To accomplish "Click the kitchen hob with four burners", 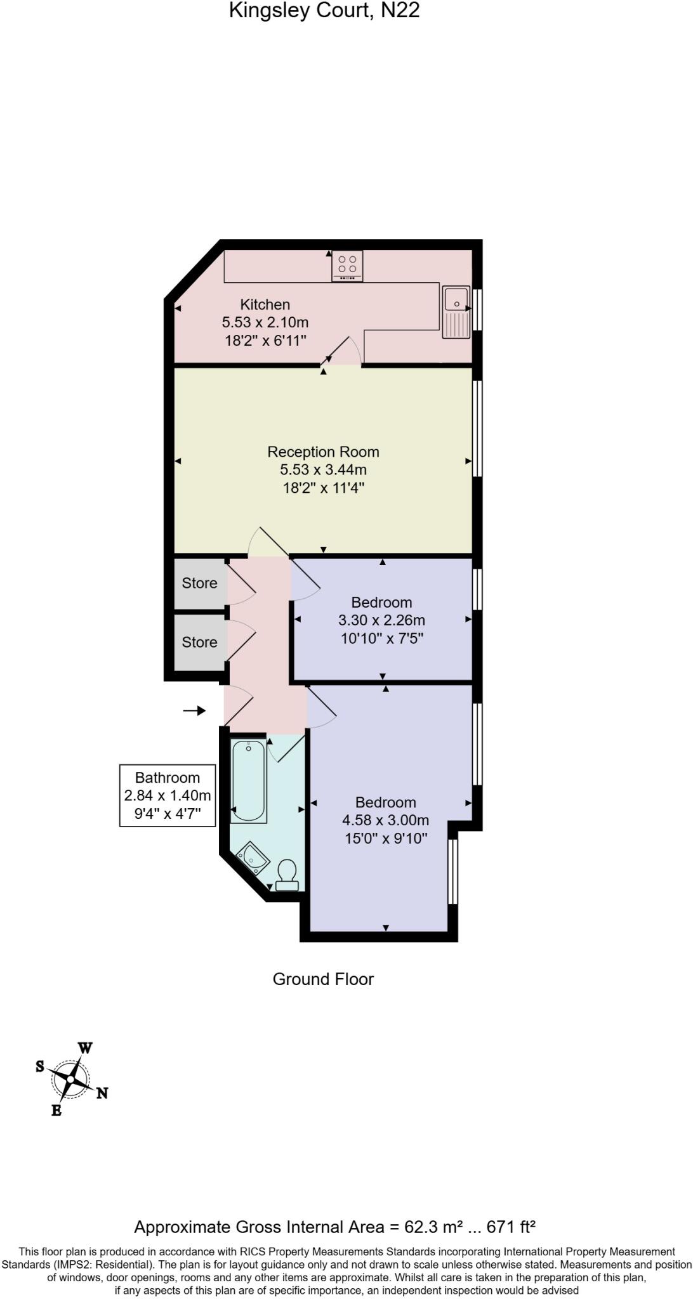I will pyautogui.click(x=347, y=266).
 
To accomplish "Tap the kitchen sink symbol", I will pyautogui.click(x=456, y=313).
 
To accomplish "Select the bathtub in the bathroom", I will pyautogui.click(x=248, y=781).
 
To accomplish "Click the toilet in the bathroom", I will pyautogui.click(x=287, y=876).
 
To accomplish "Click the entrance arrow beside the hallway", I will pyautogui.click(x=195, y=710).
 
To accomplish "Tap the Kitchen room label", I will pyautogui.click(x=265, y=304).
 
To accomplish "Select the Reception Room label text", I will pyautogui.click(x=323, y=452).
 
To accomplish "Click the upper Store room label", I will pyautogui.click(x=199, y=583).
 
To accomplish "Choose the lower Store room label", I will pyautogui.click(x=199, y=642).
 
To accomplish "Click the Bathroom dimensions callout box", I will pyautogui.click(x=168, y=795).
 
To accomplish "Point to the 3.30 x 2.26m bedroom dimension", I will pyautogui.click(x=381, y=620).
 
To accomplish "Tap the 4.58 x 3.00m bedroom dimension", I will pyautogui.click(x=385, y=820).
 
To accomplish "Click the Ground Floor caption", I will pyautogui.click(x=323, y=979).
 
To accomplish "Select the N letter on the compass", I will pyautogui.click(x=102, y=1092).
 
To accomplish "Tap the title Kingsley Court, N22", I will pyautogui.click(x=324, y=11).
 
